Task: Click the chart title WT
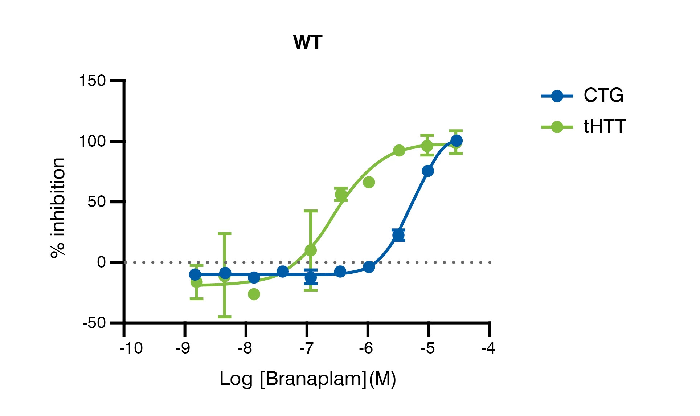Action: (x=307, y=42)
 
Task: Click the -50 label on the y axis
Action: (x=94, y=323)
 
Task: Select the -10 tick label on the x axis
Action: (x=131, y=348)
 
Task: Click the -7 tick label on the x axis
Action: (x=307, y=348)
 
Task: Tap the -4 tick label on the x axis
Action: (x=488, y=348)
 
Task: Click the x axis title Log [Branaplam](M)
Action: (x=308, y=379)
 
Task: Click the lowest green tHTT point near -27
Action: (x=254, y=294)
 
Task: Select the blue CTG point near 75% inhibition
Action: (x=428, y=171)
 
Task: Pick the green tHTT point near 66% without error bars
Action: (x=369, y=182)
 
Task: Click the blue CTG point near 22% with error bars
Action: (x=398, y=235)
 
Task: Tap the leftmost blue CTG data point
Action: (x=195, y=274)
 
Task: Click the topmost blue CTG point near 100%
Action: (x=456, y=140)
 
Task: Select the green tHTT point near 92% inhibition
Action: (x=399, y=150)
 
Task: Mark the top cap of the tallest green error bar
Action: (x=225, y=234)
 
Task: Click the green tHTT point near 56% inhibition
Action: (x=341, y=194)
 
